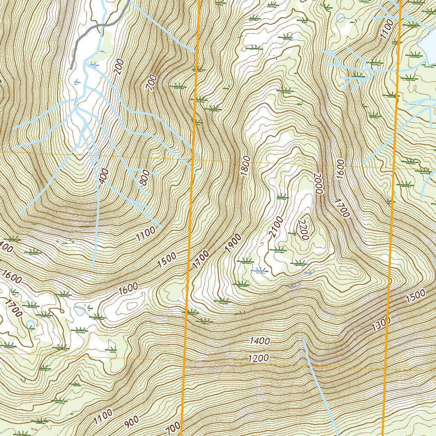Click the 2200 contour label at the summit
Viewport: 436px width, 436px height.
coord(304,230)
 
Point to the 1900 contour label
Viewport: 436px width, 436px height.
coord(233,243)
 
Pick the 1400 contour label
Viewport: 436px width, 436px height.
coord(260,341)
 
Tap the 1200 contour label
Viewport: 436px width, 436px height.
coord(258,358)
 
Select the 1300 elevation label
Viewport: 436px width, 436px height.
coord(380,324)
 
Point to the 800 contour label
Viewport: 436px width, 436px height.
coord(144,178)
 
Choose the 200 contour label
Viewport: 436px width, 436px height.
coord(118,67)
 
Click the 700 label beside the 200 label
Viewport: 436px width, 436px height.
coord(151,82)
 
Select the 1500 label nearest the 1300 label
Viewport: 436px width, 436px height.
coord(416,296)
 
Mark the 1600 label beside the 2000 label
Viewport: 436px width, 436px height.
coord(339,169)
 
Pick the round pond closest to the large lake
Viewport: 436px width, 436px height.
coord(341,17)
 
